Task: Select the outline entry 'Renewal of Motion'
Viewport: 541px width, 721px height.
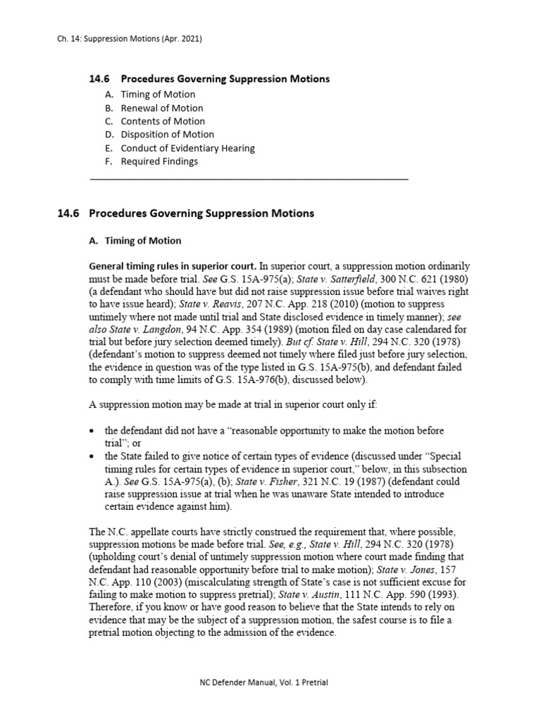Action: (161, 108)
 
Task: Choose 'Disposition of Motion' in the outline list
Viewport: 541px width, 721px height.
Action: (167, 134)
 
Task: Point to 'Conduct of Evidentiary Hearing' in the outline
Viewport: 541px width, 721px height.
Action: (187, 148)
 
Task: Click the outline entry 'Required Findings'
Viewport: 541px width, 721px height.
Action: (159, 161)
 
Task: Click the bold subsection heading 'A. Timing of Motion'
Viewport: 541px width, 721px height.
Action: (135, 241)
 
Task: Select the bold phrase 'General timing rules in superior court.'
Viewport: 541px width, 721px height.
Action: (173, 267)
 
